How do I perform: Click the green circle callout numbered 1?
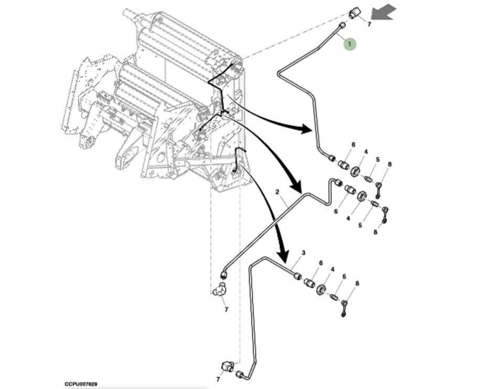click(x=350, y=44)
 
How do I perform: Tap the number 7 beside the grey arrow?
click(x=369, y=24)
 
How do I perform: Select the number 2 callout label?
click(x=277, y=192)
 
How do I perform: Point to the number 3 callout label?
click(x=303, y=253)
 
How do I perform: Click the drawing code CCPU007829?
click(x=81, y=384)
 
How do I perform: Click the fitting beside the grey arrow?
click(x=354, y=13)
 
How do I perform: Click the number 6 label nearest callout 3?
click(x=321, y=263)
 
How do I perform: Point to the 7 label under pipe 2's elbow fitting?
click(x=226, y=310)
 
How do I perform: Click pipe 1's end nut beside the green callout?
click(x=342, y=26)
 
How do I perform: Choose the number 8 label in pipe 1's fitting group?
click(x=389, y=164)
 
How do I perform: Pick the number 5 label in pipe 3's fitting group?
click(x=344, y=277)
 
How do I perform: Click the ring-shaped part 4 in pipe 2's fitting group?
click(x=362, y=196)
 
